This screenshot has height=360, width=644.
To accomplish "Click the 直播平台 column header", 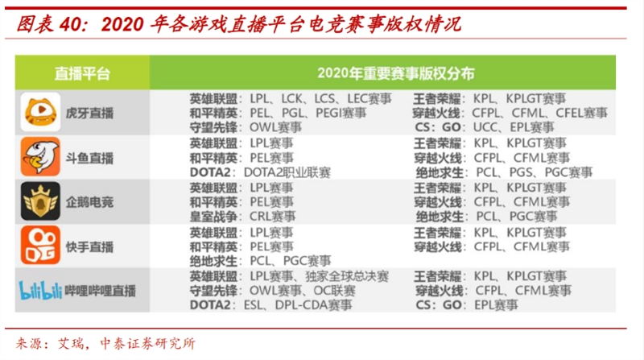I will [x=82, y=73].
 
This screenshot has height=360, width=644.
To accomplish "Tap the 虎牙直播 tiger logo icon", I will [x=39, y=112].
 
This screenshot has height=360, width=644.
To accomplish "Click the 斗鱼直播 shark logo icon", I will [x=39, y=156].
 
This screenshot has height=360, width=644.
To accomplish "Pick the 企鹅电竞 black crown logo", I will [x=39, y=201].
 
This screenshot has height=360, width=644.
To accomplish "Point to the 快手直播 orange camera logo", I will [x=39, y=244].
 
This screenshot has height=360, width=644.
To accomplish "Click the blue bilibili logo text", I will [x=39, y=290].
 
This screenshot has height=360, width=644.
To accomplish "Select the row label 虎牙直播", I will [x=89, y=113].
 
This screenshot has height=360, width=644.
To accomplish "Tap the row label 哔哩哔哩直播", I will [x=101, y=290].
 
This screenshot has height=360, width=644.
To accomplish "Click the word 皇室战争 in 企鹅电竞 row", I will [x=213, y=217].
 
